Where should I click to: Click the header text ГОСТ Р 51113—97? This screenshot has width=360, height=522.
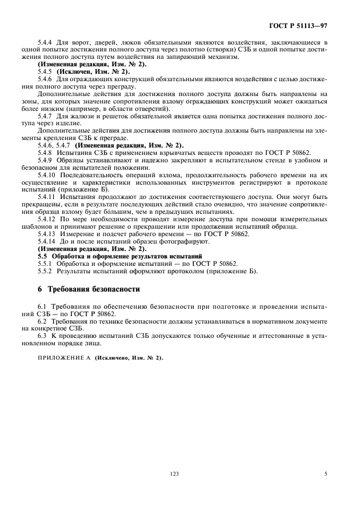(302, 26)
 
